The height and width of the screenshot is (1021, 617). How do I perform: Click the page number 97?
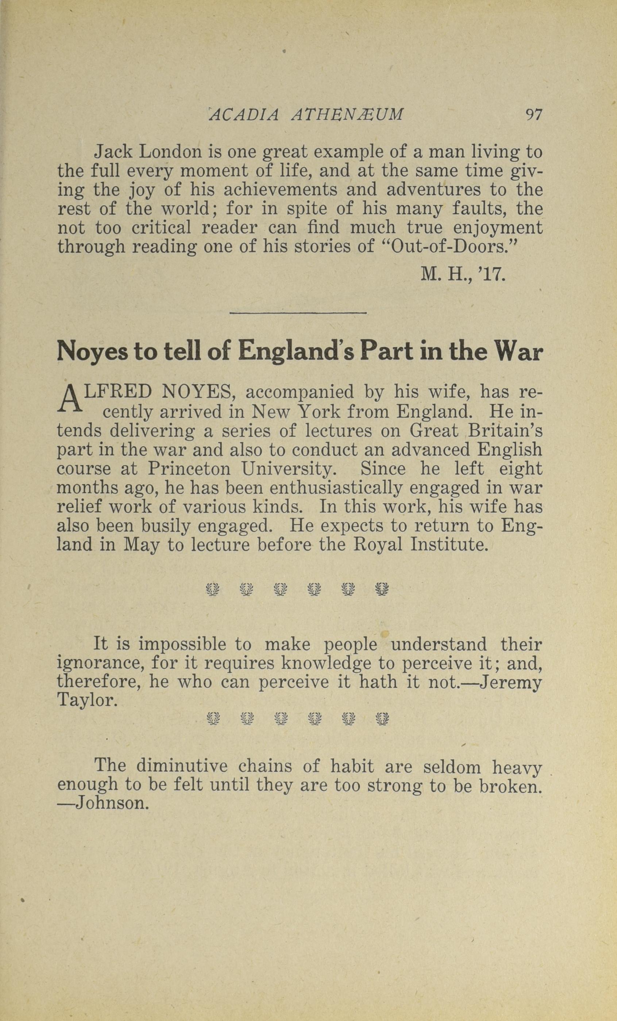click(x=533, y=114)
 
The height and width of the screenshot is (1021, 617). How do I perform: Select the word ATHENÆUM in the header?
click(x=347, y=114)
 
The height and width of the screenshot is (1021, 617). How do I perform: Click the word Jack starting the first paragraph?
click(x=113, y=152)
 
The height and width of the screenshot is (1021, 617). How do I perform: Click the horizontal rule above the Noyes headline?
click(x=298, y=313)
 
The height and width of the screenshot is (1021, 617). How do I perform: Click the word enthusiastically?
click(x=336, y=488)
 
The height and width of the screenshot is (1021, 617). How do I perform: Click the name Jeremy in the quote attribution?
click(x=510, y=682)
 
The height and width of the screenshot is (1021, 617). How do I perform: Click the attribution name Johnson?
click(x=109, y=804)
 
